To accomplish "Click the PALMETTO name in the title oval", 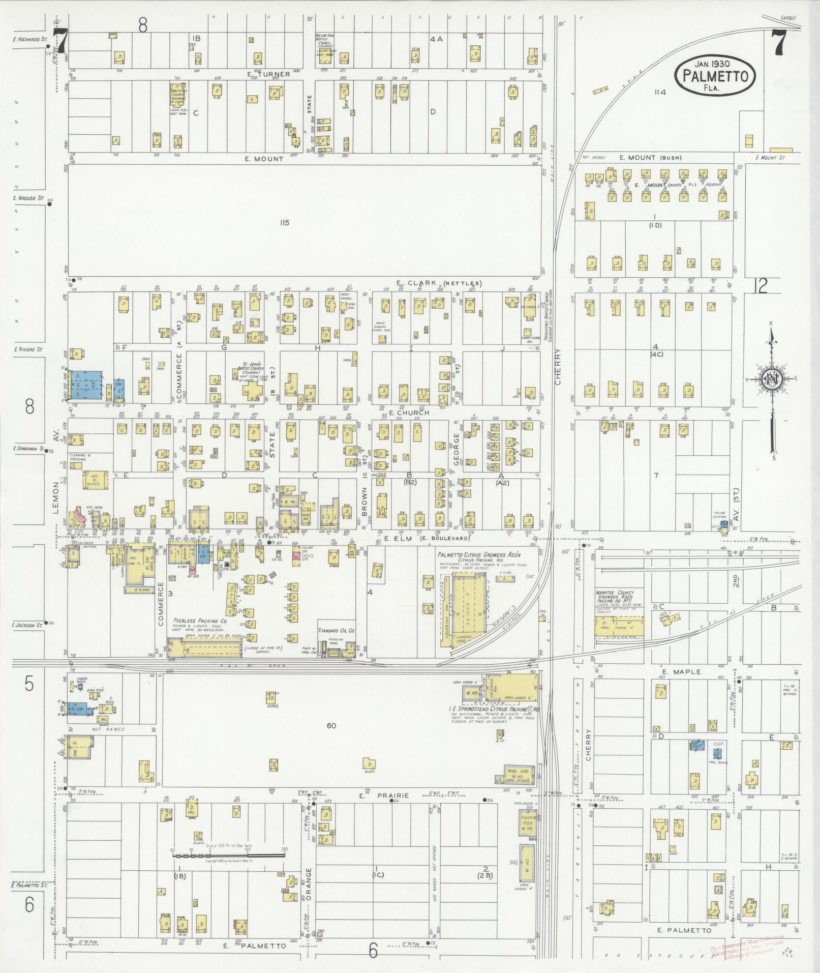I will [714, 77].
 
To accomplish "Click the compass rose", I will [771, 378].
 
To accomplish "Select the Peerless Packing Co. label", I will [199, 621].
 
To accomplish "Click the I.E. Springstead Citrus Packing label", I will [493, 709].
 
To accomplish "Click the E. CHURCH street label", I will [408, 412].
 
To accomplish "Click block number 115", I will [284, 222].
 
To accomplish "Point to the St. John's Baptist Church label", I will [252, 368].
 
